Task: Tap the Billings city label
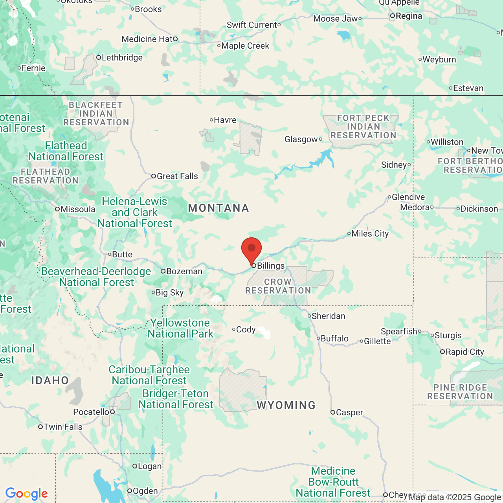point(270,266)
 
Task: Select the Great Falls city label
point(177,176)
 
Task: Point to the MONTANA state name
point(218,208)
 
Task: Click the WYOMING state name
point(286,405)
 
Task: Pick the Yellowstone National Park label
point(180,329)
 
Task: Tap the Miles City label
point(370,234)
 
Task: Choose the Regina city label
point(409,16)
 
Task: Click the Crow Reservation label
point(278,286)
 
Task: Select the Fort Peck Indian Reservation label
point(363,127)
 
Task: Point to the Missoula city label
point(78,209)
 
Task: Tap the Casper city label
point(349,413)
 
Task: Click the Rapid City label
point(464,352)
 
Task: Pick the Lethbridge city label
point(122,58)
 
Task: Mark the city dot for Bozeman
point(163,271)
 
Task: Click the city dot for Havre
point(211,120)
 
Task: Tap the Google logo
point(27,494)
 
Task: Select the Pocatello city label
point(91,412)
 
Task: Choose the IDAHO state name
point(50,380)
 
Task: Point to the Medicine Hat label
point(147,39)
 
